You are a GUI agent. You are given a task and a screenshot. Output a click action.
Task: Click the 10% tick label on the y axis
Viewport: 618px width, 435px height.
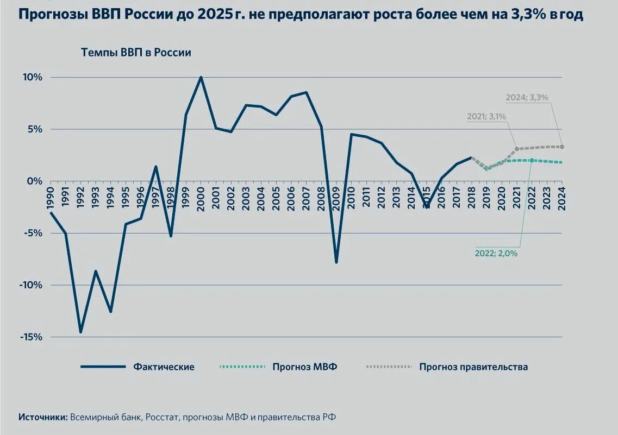pyautogui.click(x=32, y=77)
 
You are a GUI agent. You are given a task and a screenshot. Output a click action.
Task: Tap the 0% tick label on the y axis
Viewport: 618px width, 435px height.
pyautogui.click(x=34, y=181)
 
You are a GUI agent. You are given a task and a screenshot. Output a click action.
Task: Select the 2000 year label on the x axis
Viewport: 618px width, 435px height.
pyautogui.click(x=201, y=198)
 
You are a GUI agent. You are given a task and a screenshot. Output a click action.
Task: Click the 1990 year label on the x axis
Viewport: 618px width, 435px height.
pyautogui.click(x=51, y=198)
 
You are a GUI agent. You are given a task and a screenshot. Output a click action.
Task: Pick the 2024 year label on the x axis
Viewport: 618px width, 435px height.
pyautogui.click(x=561, y=198)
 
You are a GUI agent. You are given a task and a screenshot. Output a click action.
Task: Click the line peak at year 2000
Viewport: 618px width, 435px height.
pyautogui.click(x=201, y=77)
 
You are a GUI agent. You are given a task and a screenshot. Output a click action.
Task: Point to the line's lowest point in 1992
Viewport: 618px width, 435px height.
pyautogui.click(x=80, y=331)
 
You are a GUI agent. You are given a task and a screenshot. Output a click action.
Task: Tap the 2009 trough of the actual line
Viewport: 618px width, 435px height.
pyautogui.click(x=336, y=262)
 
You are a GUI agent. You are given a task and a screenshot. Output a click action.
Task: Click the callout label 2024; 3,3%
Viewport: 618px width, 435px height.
pyautogui.click(x=527, y=98)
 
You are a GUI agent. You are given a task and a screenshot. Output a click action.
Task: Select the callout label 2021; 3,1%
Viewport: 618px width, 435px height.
pyautogui.click(x=486, y=116)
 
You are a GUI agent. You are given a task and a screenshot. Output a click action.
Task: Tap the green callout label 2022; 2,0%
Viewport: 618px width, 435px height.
pyautogui.click(x=496, y=253)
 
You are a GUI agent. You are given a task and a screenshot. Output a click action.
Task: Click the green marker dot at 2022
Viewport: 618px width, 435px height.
pyautogui.click(x=532, y=160)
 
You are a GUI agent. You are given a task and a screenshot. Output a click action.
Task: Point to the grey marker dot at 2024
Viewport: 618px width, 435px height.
pyautogui.click(x=562, y=147)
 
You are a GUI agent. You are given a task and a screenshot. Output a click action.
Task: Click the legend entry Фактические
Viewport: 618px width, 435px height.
pyautogui.click(x=164, y=367)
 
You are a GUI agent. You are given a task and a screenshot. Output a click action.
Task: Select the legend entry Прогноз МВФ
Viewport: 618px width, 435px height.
pyautogui.click(x=305, y=367)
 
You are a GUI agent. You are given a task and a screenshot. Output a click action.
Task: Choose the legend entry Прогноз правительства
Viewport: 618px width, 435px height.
pyautogui.click(x=473, y=367)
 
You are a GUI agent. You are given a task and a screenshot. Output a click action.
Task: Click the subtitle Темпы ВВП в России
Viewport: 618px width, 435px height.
pyautogui.click(x=136, y=53)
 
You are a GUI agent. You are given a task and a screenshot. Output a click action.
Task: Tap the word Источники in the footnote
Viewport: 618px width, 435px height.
pyautogui.click(x=43, y=417)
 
